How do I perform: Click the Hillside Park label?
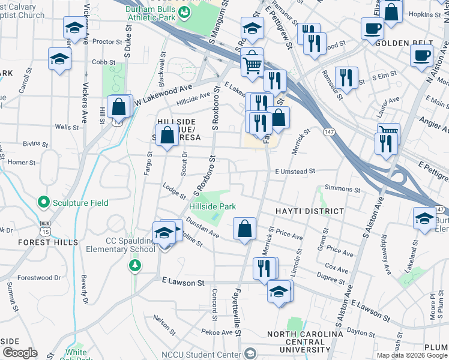click(x=212, y=206)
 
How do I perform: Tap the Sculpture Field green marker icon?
click(x=43, y=203)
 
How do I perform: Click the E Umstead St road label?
click(x=295, y=172)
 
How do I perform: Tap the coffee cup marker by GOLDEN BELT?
click(x=372, y=28)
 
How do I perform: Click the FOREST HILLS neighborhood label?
click(x=48, y=242)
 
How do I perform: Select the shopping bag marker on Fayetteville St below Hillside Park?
click(x=244, y=229)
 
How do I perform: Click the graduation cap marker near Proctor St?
click(x=74, y=28)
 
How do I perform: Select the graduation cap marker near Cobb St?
click(x=59, y=59)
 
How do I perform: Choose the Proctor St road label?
click(x=108, y=42)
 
